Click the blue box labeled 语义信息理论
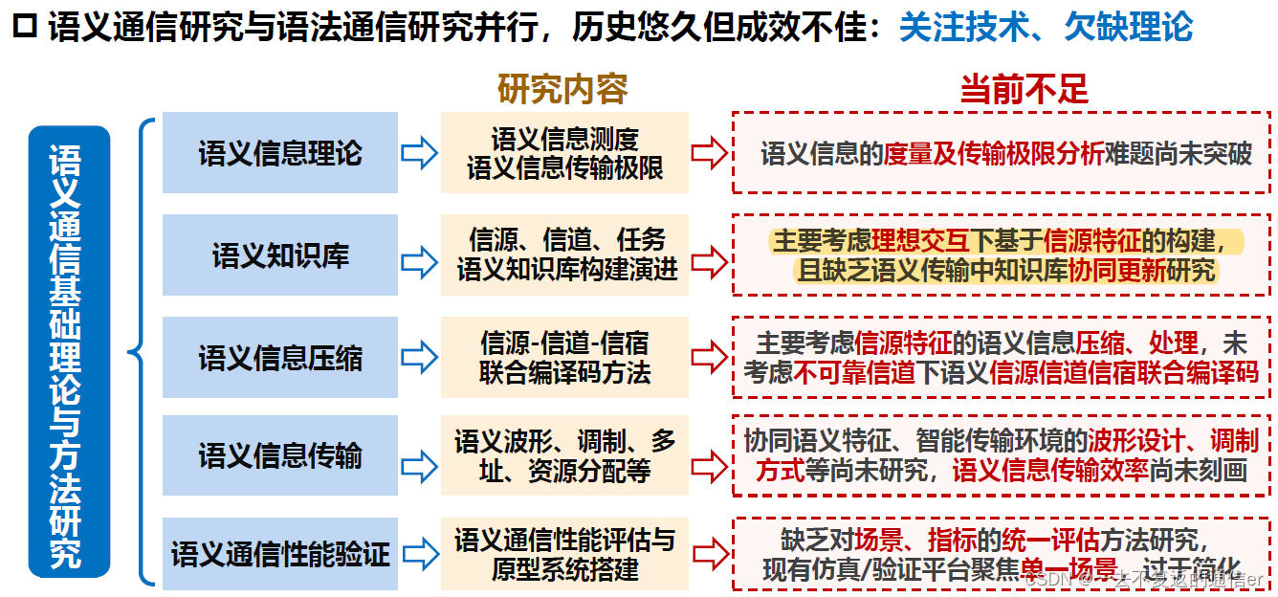279,153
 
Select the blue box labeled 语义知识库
279,255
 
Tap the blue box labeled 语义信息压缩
279,358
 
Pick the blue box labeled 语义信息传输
279,455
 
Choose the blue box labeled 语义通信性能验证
279,553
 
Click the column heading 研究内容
562,89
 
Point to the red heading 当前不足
1024,90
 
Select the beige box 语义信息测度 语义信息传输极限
564,153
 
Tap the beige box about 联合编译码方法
564,358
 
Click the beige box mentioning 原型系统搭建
564,553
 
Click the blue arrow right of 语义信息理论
419,153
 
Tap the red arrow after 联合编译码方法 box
710,358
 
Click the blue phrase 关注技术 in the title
967,28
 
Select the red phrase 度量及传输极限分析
994,154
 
